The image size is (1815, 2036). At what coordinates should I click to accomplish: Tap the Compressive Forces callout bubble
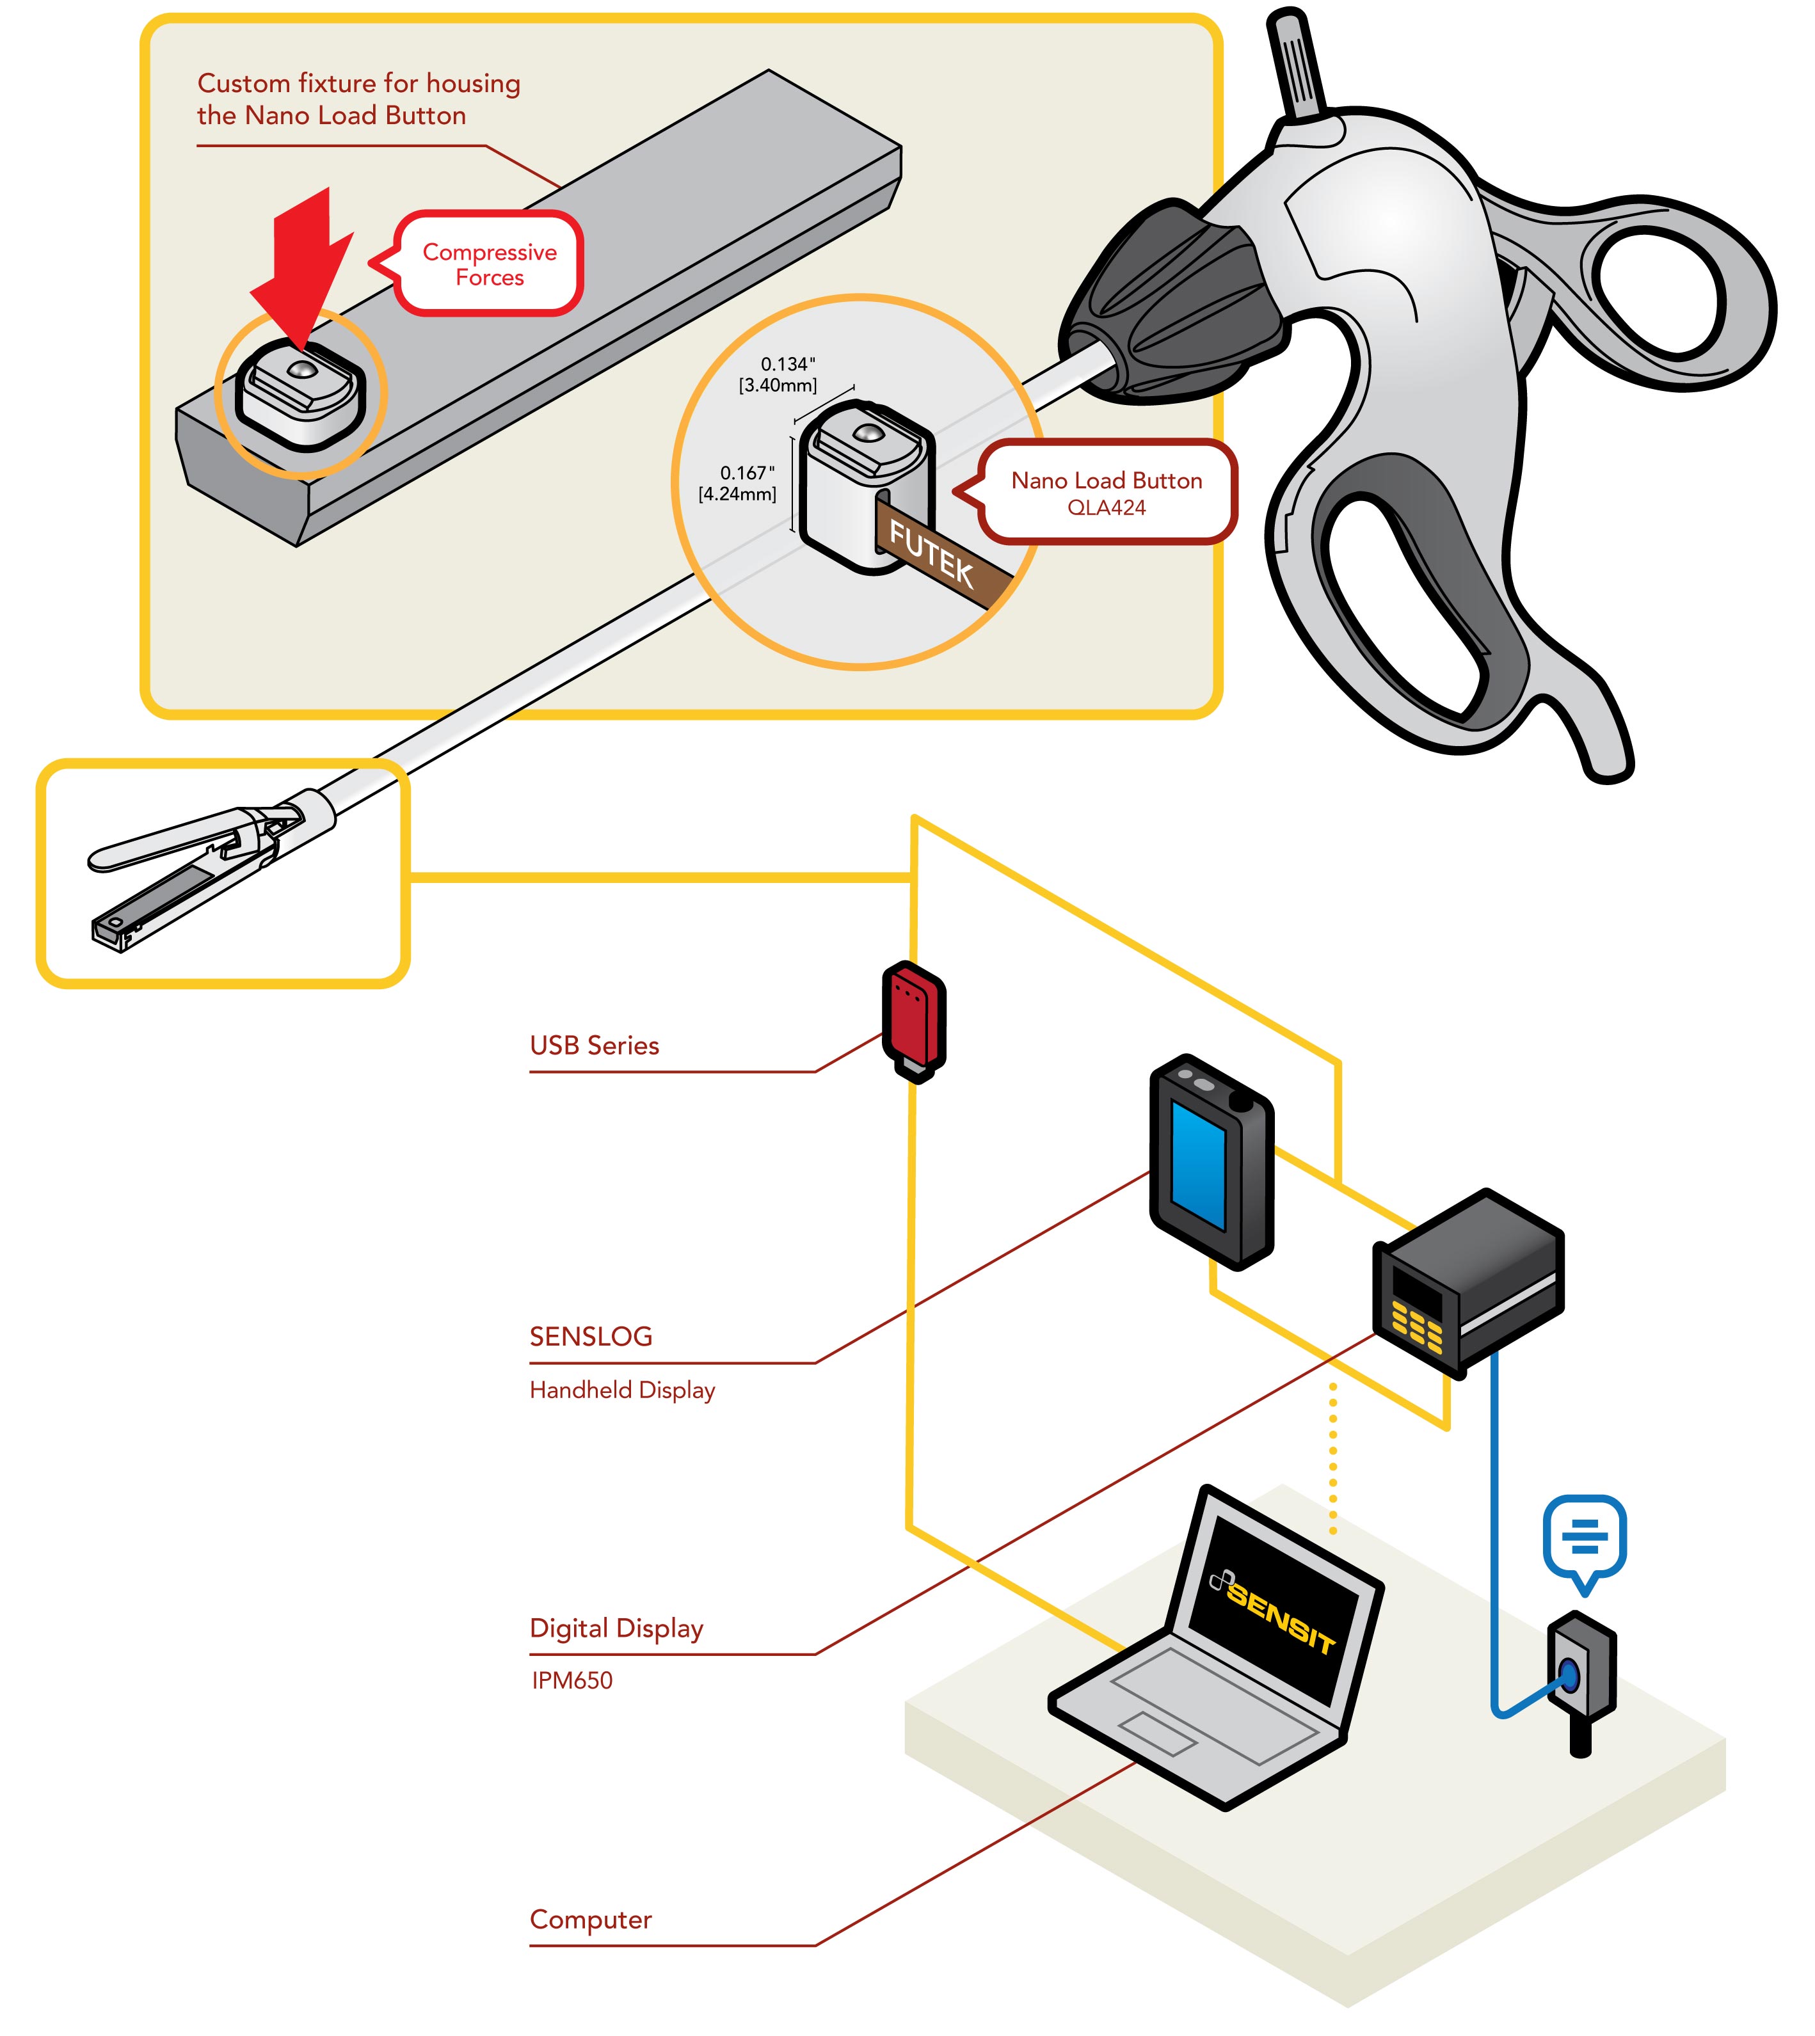tap(489, 264)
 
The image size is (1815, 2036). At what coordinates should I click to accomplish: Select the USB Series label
tap(595, 1046)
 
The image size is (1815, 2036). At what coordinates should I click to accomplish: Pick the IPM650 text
tap(572, 1681)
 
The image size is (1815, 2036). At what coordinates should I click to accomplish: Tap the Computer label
tap(590, 1920)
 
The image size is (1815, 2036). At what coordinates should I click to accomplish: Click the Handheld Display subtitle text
tap(622, 1390)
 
